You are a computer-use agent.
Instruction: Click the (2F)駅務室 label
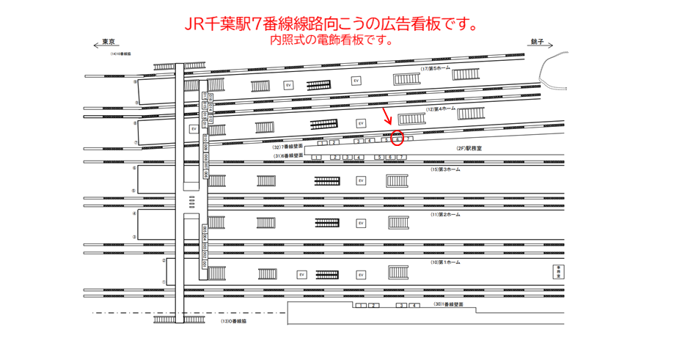[x=468, y=147]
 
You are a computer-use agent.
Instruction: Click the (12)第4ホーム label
[x=442, y=109]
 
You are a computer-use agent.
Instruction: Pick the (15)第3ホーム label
[x=446, y=169]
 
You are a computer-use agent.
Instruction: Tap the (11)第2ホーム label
[x=446, y=214]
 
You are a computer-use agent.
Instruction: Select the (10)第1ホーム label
[x=446, y=262]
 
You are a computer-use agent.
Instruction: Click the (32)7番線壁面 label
[x=288, y=147]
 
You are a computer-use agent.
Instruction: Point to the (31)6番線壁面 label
[x=288, y=156]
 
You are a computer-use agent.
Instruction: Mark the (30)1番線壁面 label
[x=449, y=304]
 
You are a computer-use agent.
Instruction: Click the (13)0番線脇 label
[x=238, y=321]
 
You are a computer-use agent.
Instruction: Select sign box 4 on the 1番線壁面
[x=414, y=305]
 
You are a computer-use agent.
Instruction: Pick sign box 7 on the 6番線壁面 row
[x=402, y=157]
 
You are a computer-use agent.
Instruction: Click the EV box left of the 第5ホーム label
[x=356, y=81]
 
